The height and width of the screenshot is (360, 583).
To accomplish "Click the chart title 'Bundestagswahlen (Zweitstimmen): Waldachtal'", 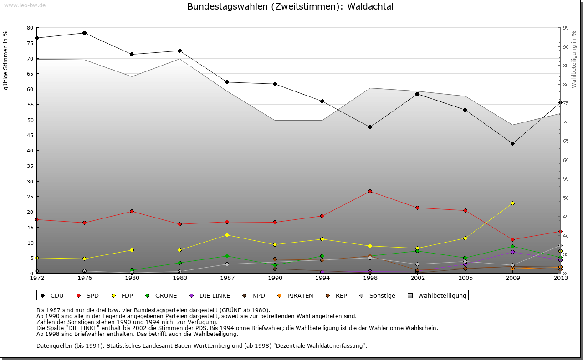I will tap(290, 7).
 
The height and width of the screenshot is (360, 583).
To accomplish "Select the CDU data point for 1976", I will tap(84, 33).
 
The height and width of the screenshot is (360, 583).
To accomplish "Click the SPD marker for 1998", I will tap(370, 191).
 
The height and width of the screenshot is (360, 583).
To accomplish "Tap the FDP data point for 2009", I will tap(512, 203).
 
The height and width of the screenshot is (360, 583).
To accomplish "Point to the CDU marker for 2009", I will tap(512, 143).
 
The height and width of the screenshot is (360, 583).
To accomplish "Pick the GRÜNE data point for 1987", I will tap(227, 256).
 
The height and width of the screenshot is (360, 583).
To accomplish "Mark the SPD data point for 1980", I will tap(132, 211).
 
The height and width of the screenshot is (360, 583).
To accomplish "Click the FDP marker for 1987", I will tap(227, 235).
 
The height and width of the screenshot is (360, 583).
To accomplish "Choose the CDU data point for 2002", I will tap(417, 94).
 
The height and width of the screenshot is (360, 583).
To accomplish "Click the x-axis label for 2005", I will tap(465, 278).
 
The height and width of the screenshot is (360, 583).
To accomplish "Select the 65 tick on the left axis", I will tap(30, 74).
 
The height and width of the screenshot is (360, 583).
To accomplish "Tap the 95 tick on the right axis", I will tap(566, 28).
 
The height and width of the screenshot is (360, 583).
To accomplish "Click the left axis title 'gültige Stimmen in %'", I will tap(5, 60).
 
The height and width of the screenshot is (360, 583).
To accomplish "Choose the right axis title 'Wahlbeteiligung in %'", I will tap(574, 59).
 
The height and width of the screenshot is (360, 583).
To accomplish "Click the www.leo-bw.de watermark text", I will tap(25, 5).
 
